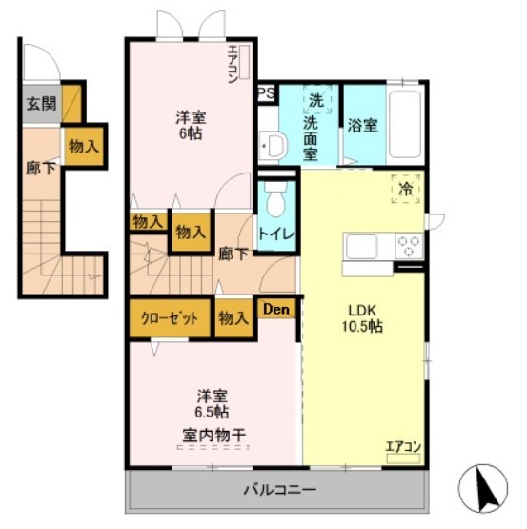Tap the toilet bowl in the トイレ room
click(276, 201)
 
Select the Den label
click(275, 309)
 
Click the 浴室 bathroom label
click(362, 125)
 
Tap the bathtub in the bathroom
click(406, 125)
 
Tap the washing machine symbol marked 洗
click(314, 100)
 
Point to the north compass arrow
click(486, 487)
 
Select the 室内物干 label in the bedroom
click(213, 437)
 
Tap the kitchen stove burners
click(408, 246)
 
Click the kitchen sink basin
click(365, 247)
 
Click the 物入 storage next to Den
click(233, 318)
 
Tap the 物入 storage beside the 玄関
click(83, 145)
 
